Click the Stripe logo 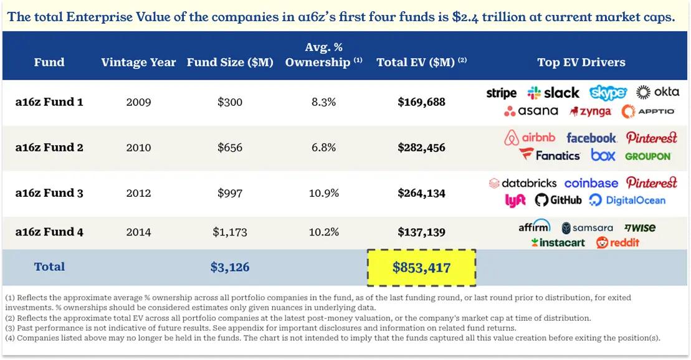[501, 93]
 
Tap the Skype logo [608, 93]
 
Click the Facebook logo [591, 138]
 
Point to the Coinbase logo [591, 183]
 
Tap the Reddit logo [617, 242]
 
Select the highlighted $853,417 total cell [421, 268]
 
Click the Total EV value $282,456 [421, 148]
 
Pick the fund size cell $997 [230, 193]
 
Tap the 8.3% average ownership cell [323, 102]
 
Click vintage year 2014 [138, 232]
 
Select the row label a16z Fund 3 [49, 193]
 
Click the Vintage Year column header [138, 62]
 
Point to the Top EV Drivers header [581, 62]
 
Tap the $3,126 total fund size [230, 267]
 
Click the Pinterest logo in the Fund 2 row [651, 138]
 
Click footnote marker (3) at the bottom [10, 328]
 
